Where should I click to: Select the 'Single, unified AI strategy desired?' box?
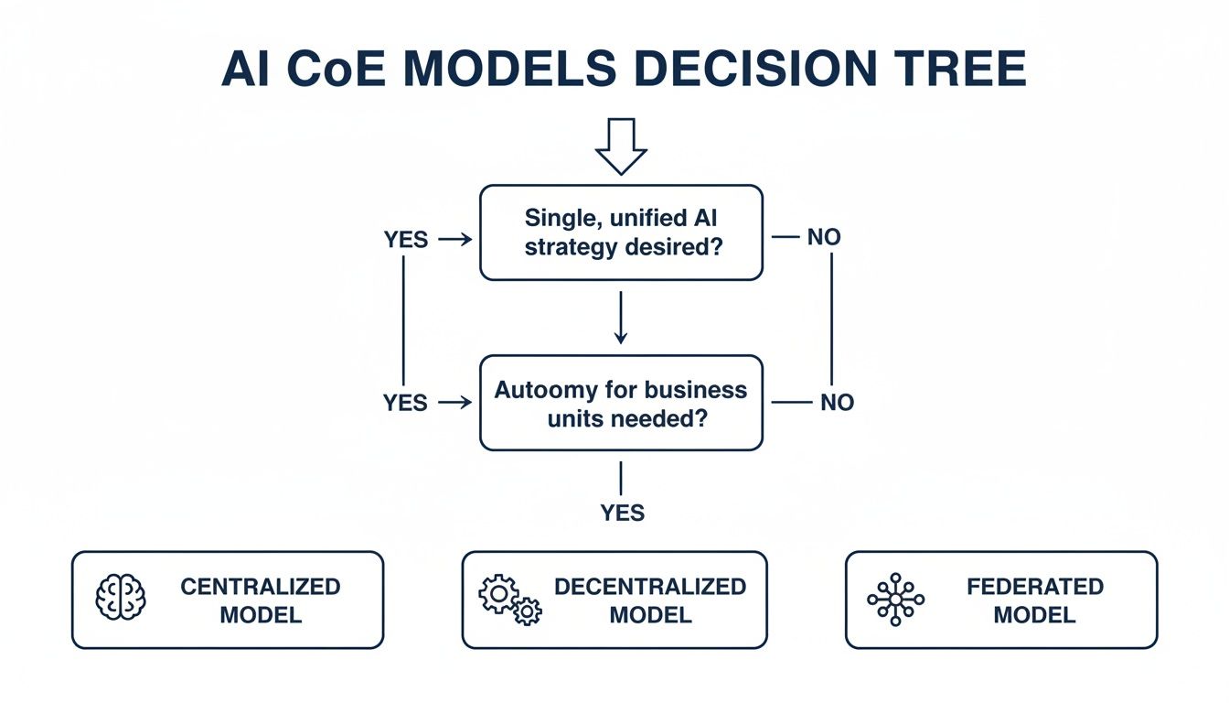click(621, 233)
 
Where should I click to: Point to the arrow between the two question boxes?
click(621, 318)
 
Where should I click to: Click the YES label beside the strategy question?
click(406, 240)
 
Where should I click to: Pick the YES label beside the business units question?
click(406, 403)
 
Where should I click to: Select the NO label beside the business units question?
click(836, 403)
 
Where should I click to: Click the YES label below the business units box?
click(622, 514)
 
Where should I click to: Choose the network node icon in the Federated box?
click(895, 600)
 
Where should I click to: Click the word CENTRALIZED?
click(261, 587)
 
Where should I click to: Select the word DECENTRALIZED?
click(650, 587)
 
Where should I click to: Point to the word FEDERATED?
click(1035, 587)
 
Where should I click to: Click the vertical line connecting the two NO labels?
click(832, 319)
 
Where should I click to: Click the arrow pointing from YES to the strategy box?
click(454, 240)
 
